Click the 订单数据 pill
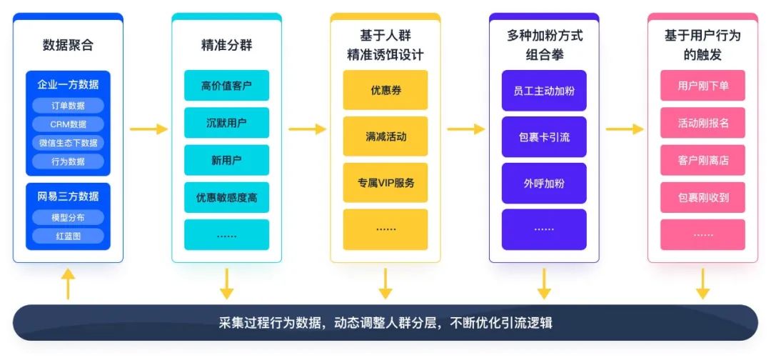click(68, 106)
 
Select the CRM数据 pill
click(68, 124)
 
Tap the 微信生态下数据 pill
click(68, 143)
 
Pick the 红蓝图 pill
click(68, 236)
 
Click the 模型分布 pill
click(68, 217)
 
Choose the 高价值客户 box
click(226, 86)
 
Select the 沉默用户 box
click(226, 123)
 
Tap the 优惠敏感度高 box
click(226, 198)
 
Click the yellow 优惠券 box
click(385, 90)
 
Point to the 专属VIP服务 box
click(385, 183)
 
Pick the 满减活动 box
click(385, 136)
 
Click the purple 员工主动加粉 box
click(543, 90)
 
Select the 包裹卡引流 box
click(543, 136)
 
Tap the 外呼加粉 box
click(543, 183)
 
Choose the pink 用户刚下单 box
click(702, 86)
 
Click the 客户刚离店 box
click(702, 160)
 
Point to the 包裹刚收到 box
click(702, 197)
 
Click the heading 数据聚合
click(68, 46)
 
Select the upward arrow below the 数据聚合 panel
click(68, 284)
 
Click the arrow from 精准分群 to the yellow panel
click(306, 129)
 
